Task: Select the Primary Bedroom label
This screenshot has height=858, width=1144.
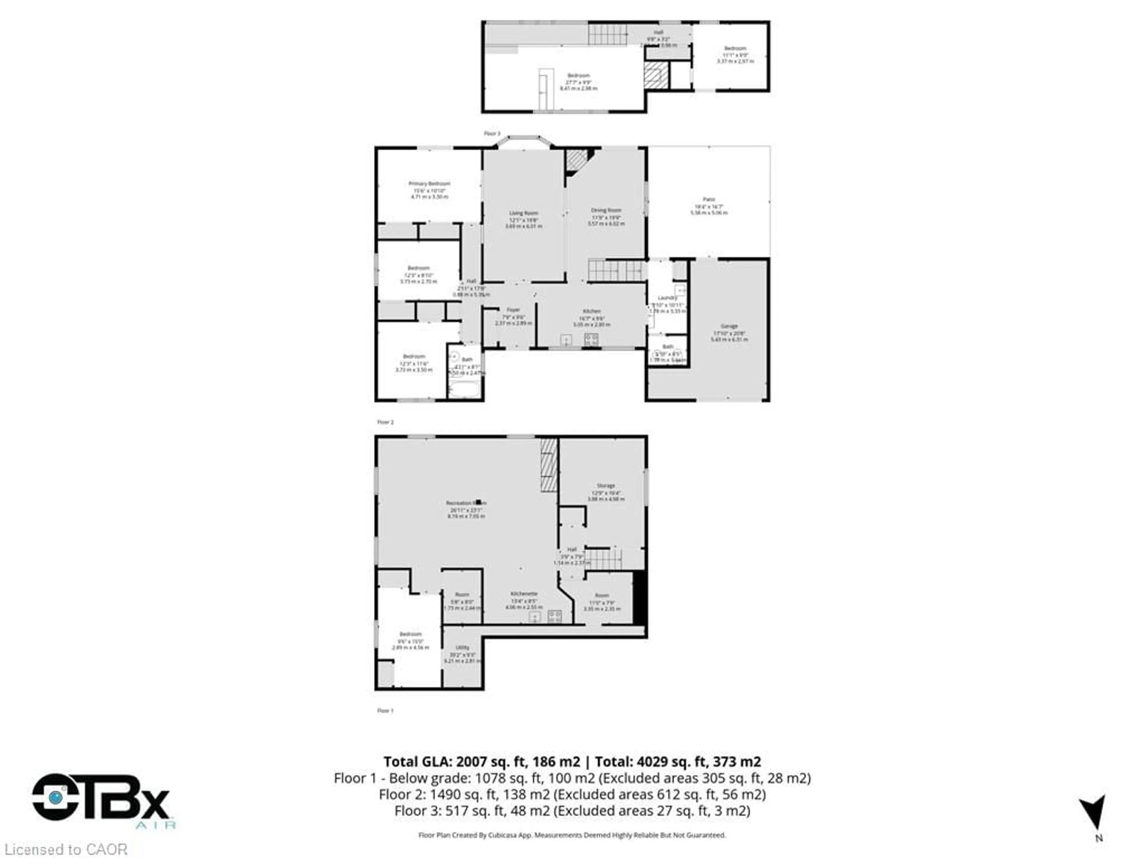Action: [x=429, y=184]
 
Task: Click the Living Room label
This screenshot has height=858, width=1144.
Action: [x=523, y=213]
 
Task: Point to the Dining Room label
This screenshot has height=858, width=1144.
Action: [x=606, y=211]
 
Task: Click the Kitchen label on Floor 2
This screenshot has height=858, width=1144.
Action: [x=592, y=311]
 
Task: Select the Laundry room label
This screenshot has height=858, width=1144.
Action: [x=667, y=298]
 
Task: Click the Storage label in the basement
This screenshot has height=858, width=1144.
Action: [x=606, y=486]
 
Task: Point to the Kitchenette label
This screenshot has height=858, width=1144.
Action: [x=524, y=594]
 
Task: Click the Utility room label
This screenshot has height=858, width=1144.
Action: [x=462, y=647]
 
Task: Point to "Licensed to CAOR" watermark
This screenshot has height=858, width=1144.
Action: [x=66, y=849]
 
